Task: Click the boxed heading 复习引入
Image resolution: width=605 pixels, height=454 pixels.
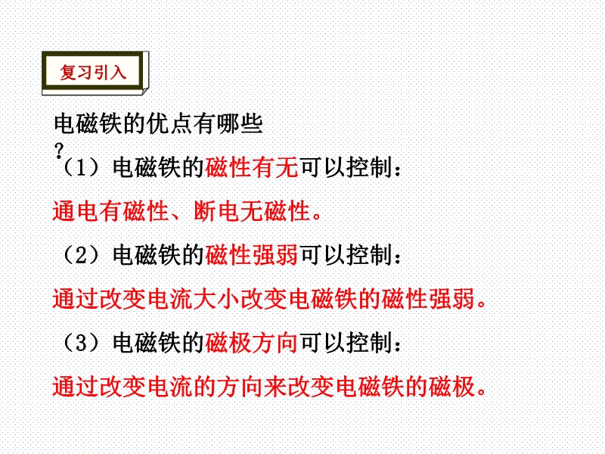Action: (93, 72)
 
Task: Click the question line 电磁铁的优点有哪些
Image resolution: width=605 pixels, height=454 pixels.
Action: (158, 124)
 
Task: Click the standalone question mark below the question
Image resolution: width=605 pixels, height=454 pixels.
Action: (59, 151)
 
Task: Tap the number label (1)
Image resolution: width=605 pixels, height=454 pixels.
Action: (81, 167)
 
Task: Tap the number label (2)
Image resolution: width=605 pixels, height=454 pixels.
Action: (81, 255)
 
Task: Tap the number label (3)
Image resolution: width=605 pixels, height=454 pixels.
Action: (81, 343)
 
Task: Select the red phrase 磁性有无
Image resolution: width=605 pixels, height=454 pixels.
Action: (252, 167)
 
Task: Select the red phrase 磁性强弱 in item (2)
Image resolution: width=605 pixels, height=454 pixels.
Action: (252, 255)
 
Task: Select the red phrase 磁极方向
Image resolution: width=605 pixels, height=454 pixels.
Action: (252, 343)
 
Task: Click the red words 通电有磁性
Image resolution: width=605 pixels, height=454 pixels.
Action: (110, 211)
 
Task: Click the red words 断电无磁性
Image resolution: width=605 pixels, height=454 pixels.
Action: (252, 211)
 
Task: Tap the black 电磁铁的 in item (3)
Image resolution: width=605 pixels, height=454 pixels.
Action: (158, 343)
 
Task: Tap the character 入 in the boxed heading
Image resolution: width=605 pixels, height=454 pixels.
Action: (118, 72)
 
